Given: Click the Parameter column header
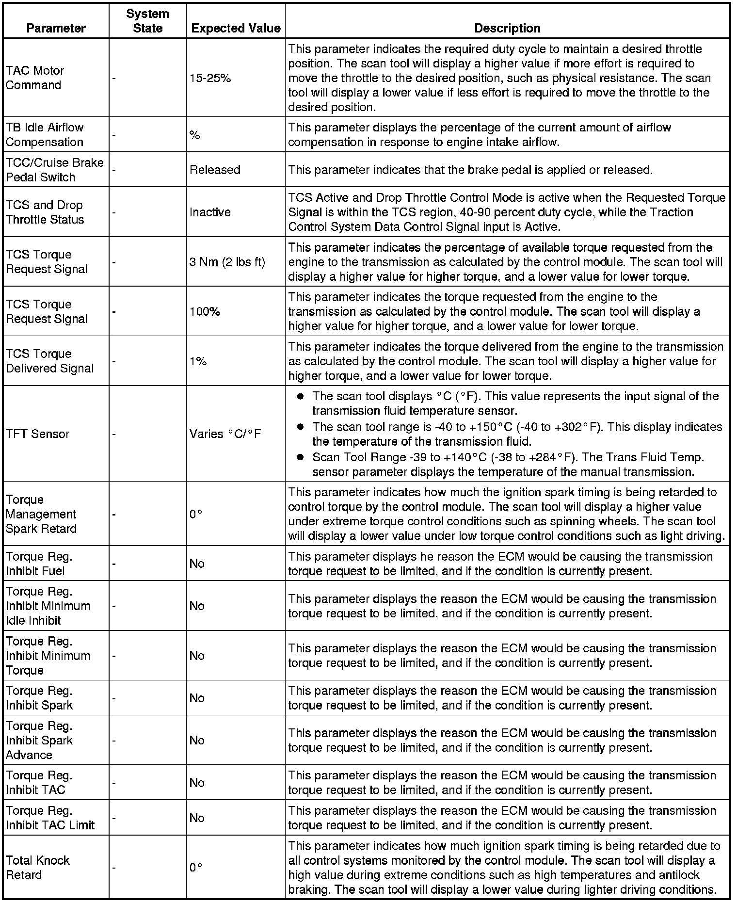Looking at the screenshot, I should [56, 28].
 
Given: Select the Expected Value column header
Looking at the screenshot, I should [236, 28].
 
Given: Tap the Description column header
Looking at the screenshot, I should [507, 28].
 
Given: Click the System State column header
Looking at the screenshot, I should [147, 21].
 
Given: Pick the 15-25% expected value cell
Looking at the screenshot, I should [210, 78].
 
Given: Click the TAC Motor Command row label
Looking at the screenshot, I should [35, 78].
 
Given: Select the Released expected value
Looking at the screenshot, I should [215, 170].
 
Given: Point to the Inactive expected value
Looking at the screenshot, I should [210, 212].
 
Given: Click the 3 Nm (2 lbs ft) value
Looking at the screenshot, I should [227, 262].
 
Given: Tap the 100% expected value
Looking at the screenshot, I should [205, 311].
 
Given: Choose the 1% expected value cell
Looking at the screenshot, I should [198, 361].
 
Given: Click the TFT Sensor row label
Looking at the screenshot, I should [38, 434].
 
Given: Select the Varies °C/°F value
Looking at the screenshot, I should [225, 434].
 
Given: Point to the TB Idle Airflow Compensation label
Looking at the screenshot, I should [45, 135].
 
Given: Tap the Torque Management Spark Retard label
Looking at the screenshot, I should [41, 514].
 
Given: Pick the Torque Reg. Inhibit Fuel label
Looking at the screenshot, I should [39, 564].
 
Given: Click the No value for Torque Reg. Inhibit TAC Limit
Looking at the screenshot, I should [197, 818].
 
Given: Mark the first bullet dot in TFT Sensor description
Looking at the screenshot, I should [301, 397].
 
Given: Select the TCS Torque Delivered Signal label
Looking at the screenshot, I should [49, 361].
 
